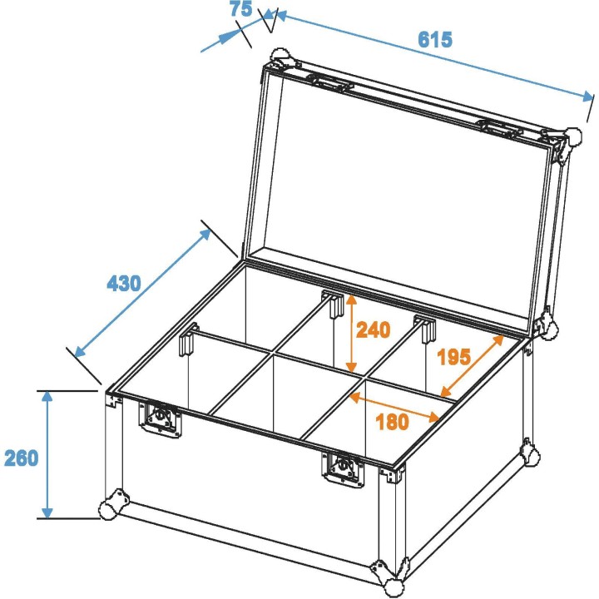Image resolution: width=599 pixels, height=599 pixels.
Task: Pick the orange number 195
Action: coord(454,358)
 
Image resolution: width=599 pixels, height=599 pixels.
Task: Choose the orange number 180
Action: coord(392,422)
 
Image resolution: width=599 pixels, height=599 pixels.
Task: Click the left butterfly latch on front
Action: coord(161,418)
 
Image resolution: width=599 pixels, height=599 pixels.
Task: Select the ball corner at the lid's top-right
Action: coord(573,139)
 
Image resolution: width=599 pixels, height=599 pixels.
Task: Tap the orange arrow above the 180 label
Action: coord(394,407)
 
